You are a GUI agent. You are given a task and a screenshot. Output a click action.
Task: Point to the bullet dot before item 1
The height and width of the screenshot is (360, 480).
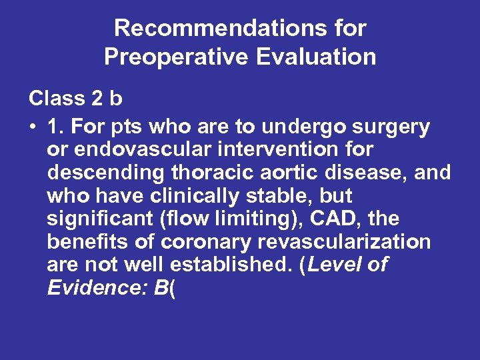[x=33, y=127]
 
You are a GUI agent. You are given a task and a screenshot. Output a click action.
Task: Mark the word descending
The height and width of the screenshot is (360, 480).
[x=106, y=173]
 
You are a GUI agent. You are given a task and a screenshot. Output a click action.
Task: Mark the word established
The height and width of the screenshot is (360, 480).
[x=231, y=265]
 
